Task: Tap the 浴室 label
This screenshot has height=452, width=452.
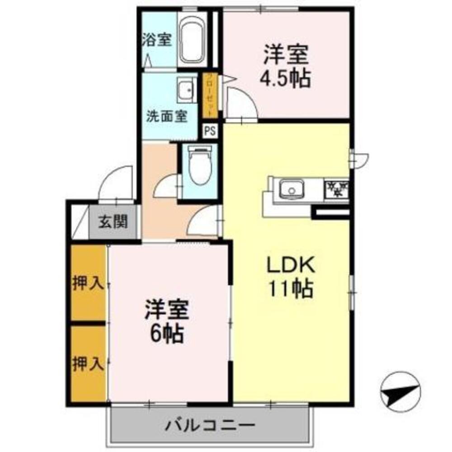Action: (x=157, y=40)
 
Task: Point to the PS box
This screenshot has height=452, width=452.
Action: (x=210, y=131)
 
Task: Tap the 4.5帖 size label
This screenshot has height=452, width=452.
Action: (x=284, y=79)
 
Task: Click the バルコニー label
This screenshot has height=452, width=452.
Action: (x=210, y=425)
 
